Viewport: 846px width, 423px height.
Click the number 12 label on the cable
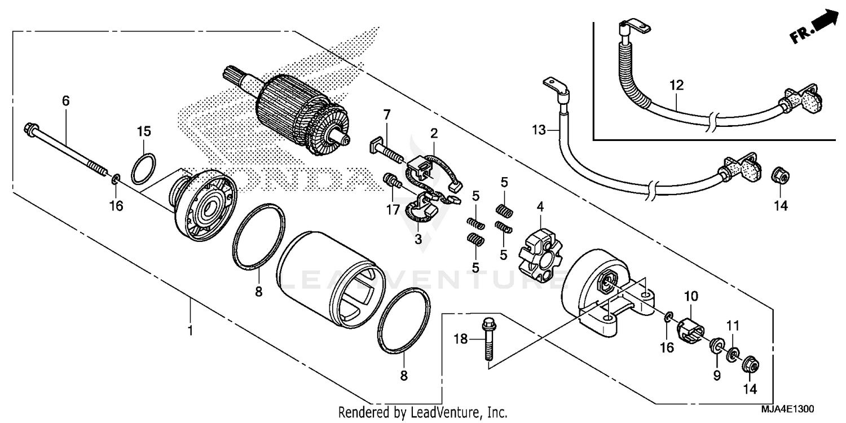click(x=676, y=86)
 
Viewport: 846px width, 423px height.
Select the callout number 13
click(x=539, y=130)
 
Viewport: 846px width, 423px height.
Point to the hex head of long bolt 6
click(x=30, y=130)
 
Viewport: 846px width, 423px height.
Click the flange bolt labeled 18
click(x=487, y=340)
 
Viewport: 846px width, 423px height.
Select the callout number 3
click(x=418, y=239)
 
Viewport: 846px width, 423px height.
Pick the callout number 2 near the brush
click(x=434, y=134)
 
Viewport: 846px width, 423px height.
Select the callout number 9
click(x=717, y=375)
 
